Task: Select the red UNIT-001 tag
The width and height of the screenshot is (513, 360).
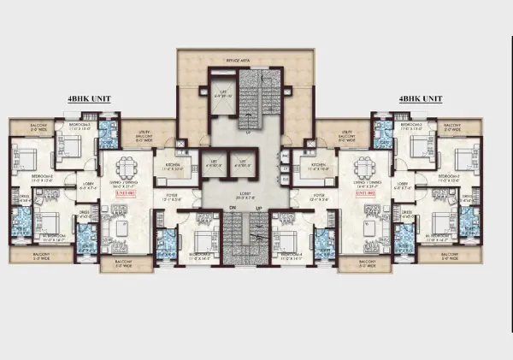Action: pyautogui.click(x=125, y=194)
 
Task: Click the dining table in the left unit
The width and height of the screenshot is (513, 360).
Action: pyautogui.click(x=127, y=164)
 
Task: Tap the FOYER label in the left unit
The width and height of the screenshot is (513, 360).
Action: pyautogui.click(x=172, y=196)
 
